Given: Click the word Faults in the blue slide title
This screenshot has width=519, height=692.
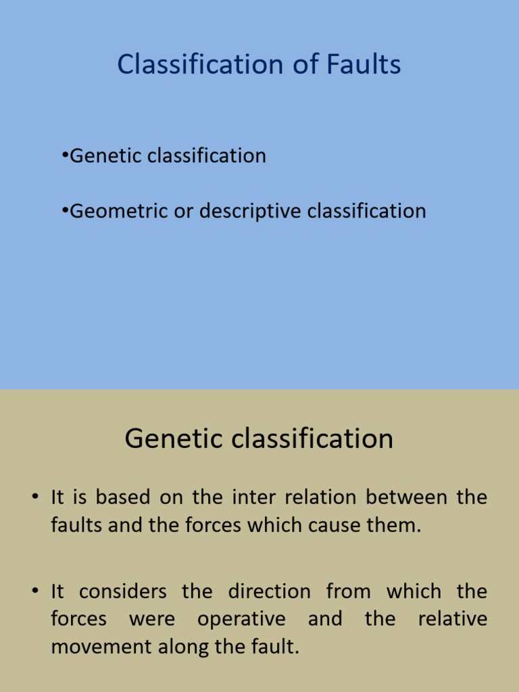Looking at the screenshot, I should pos(364,65).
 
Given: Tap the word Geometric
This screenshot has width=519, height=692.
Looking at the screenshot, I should pos(114,212).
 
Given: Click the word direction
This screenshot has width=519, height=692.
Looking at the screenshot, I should pos(269,592).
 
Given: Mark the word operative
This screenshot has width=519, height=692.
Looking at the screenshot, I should pos(241,620).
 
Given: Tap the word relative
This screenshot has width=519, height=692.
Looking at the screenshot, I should pos(452,620).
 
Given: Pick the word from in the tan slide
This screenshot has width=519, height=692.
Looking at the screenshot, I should pos(348,592).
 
